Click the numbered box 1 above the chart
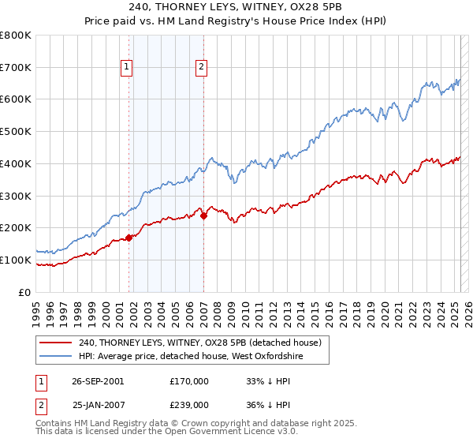(x=126, y=68)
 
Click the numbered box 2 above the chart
(x=202, y=68)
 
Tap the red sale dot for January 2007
(x=203, y=215)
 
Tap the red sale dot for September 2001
(x=129, y=237)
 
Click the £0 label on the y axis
(x=25, y=292)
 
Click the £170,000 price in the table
(x=189, y=381)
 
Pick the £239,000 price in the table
(x=189, y=404)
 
